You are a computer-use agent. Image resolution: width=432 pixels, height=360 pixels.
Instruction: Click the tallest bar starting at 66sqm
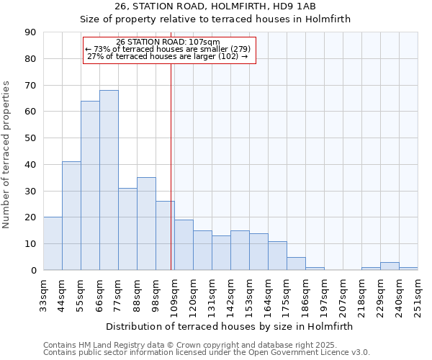(109, 180)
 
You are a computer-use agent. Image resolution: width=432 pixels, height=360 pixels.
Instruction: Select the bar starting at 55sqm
(90, 186)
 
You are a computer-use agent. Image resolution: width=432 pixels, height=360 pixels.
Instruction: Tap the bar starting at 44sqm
(71, 216)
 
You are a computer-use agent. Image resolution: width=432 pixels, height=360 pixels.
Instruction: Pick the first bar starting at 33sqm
(53, 243)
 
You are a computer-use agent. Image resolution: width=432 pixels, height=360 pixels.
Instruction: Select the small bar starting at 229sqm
(390, 266)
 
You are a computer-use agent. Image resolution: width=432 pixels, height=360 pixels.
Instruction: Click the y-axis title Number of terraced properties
(6, 154)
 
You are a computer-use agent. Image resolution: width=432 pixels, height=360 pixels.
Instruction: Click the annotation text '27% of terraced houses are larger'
(166, 56)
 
